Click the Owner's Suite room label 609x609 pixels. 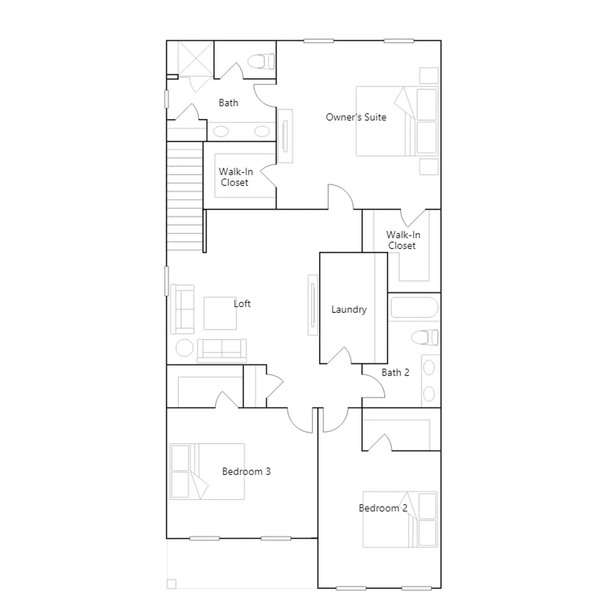356,117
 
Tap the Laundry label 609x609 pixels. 349,309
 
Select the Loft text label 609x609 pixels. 242,303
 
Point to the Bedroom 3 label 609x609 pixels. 246,472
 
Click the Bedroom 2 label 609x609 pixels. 383,508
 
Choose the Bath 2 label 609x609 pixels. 395,373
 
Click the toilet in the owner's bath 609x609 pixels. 261,61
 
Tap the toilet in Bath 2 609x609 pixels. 424,337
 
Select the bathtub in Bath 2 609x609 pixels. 414,308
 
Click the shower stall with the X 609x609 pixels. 196,59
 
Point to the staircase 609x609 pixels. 185,196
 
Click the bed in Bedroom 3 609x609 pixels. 207,472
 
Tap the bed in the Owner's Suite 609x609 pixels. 397,121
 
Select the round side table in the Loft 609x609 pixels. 185,348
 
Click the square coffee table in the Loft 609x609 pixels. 220,313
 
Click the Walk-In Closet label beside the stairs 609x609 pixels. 236,177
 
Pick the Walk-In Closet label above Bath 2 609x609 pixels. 403,240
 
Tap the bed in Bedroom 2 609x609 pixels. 400,520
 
